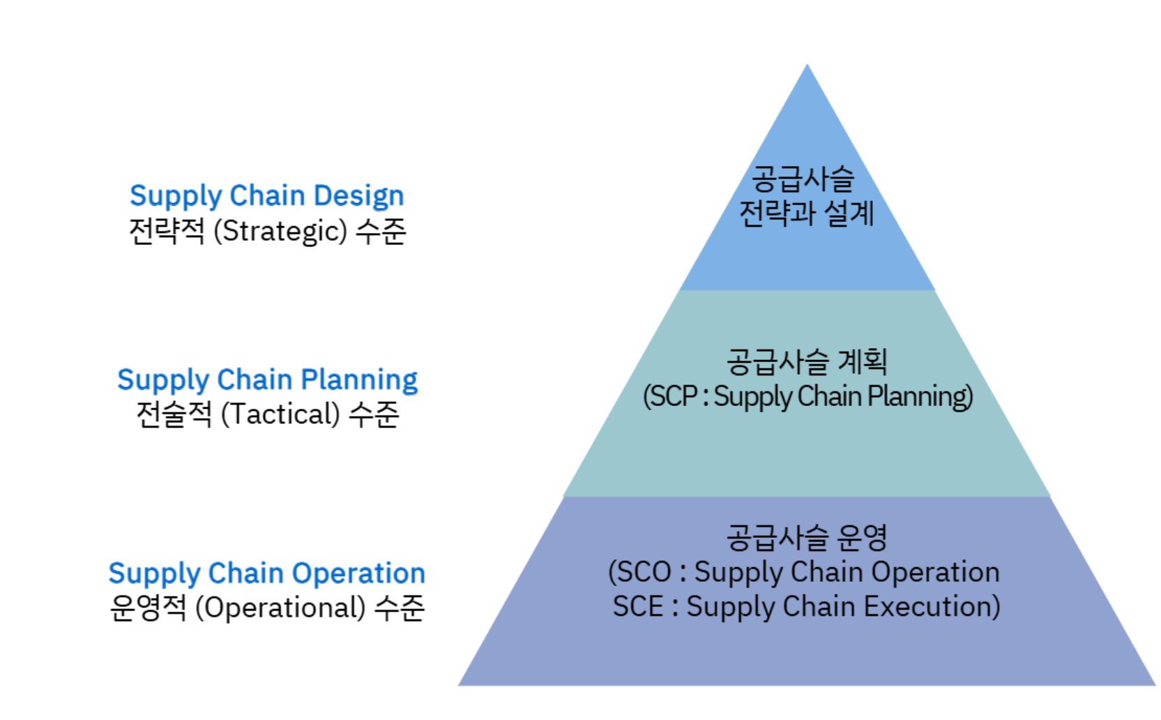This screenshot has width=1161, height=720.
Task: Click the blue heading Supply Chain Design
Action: click(266, 196)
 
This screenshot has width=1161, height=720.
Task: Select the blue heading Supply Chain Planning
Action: click(267, 380)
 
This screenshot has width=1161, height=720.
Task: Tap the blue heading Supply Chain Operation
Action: click(266, 573)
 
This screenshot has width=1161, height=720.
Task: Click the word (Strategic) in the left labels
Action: click(280, 231)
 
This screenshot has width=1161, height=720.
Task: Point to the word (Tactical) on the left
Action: click(280, 414)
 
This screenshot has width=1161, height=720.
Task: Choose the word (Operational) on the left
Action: click(280, 608)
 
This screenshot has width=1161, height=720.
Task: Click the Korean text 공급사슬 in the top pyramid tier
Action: click(803, 179)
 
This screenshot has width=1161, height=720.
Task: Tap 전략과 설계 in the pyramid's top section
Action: click(806, 213)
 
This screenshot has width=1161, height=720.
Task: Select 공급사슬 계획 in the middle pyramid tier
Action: click(806, 361)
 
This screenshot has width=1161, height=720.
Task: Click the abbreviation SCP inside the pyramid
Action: click(674, 396)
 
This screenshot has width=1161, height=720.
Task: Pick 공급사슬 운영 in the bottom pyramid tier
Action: click(806, 537)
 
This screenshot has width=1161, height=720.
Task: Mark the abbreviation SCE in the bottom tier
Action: click(637, 606)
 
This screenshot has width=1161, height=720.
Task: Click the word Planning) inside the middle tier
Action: click(920, 396)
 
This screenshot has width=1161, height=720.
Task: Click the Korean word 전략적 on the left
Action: click(167, 231)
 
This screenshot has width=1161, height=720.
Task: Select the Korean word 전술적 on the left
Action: click(174, 414)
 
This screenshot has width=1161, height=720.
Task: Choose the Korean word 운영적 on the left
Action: click(148, 608)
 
